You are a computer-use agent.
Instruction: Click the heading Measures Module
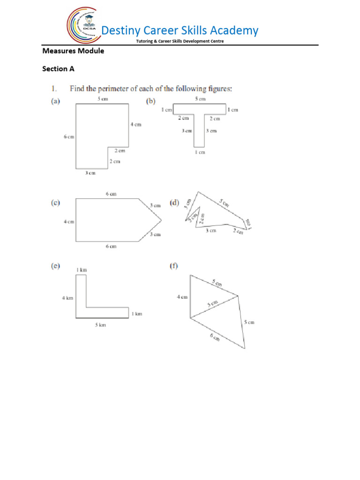tap(73, 51)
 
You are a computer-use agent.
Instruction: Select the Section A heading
tap(58, 69)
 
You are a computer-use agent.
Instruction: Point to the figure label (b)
tap(151, 101)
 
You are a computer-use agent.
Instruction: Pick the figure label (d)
tap(175, 203)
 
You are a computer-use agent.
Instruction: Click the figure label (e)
tap(55, 266)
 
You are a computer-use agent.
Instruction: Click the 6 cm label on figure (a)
tap(68, 137)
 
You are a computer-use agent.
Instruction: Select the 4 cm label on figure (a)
tap(135, 124)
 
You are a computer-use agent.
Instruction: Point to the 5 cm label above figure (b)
tap(200, 99)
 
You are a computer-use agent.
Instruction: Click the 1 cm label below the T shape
tap(200, 152)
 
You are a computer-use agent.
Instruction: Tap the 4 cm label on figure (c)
tap(68, 222)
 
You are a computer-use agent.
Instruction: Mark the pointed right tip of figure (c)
tap(161, 220)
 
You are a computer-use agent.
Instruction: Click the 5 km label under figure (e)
tap(100, 325)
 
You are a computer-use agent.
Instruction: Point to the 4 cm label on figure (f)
tap(182, 297)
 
